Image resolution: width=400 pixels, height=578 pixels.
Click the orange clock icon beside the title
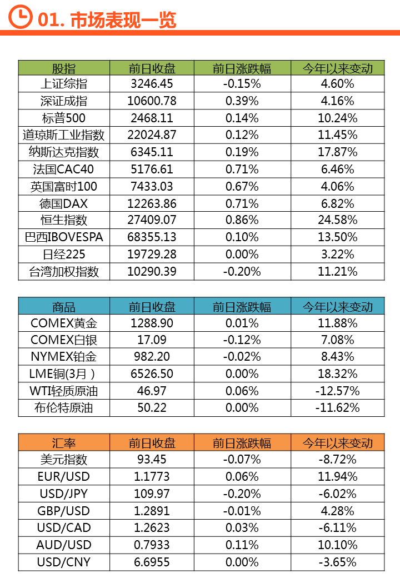point(21,17)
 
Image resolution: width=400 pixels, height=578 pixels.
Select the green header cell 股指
point(64,68)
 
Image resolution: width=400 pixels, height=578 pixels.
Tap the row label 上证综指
point(64,84)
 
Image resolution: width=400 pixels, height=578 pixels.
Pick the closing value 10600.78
point(152,101)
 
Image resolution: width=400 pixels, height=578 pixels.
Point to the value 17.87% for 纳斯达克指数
point(337,152)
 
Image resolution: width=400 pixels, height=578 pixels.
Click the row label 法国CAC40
point(64,169)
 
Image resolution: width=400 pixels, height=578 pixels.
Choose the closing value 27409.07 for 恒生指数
point(152,220)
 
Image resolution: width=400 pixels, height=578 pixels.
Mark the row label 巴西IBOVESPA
point(64,237)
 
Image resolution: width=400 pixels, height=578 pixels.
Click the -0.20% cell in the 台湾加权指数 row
point(242,271)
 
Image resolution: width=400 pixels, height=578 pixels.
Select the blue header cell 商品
point(64,307)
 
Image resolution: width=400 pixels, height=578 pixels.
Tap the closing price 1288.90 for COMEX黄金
point(152,323)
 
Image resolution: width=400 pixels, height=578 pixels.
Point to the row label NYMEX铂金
point(64,357)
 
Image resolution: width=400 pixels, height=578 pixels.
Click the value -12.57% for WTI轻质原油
point(337,391)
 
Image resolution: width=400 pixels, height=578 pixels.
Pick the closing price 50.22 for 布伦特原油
point(152,408)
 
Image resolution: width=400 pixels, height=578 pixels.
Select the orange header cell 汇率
point(64,443)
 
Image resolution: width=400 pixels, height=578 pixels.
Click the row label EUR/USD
point(64,476)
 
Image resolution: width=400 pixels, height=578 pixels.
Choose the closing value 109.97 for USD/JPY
point(152,494)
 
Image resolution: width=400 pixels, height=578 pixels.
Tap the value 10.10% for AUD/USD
point(337,545)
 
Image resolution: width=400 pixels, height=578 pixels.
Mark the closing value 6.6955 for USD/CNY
point(152,562)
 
